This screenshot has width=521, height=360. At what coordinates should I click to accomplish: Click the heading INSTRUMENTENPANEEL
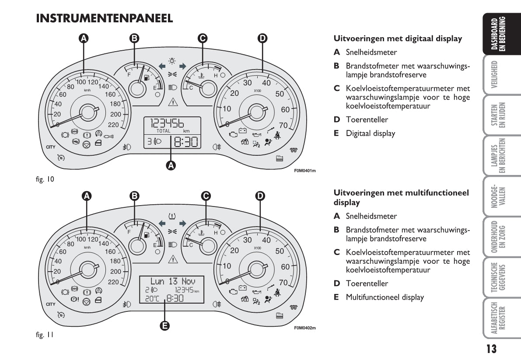[x=105, y=18]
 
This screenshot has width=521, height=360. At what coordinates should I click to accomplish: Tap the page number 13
[x=491, y=349]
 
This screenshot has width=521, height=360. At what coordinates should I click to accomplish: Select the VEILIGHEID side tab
[x=494, y=77]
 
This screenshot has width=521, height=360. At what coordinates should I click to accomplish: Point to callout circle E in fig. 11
[x=165, y=325]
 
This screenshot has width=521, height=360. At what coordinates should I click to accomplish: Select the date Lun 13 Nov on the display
[x=172, y=281]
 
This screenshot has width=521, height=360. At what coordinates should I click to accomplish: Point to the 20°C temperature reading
[x=151, y=299]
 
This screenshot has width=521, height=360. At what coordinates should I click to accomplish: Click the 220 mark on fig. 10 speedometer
[x=113, y=125]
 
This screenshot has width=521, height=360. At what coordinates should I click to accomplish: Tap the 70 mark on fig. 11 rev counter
[x=284, y=282]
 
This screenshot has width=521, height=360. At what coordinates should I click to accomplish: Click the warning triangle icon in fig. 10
[x=173, y=102]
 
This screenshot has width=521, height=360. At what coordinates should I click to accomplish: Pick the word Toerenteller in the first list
[x=367, y=119]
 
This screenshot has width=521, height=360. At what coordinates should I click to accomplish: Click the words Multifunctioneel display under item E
[x=385, y=297]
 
